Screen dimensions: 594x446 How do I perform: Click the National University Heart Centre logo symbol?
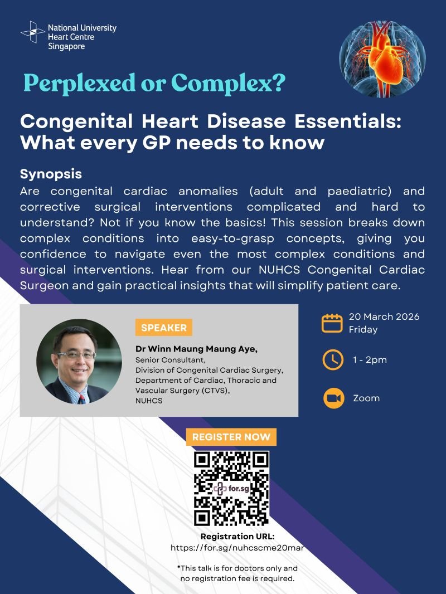(x=32, y=32)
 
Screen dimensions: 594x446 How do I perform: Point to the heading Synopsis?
(x=51, y=174)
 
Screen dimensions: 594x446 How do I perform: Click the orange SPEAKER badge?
(x=163, y=328)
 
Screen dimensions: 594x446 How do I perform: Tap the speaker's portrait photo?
(x=79, y=361)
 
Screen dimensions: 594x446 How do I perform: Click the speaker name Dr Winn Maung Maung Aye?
(x=197, y=349)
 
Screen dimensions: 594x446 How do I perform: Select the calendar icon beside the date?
(x=332, y=323)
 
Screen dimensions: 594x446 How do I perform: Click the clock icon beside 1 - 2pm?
(x=332, y=360)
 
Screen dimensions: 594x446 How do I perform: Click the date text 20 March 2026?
(x=384, y=317)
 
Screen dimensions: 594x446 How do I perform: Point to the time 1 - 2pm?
(x=370, y=360)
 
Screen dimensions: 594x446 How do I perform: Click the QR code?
(x=231, y=488)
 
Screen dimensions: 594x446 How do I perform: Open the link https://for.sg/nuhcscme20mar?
(x=237, y=548)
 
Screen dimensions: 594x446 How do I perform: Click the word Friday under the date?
(x=363, y=329)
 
